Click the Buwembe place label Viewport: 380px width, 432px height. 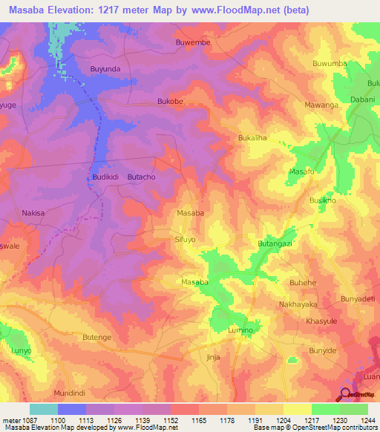point(193,42)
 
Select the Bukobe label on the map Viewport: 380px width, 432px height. point(170,101)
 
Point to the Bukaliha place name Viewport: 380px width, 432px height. point(252,139)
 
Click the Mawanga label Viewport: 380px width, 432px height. point(321,105)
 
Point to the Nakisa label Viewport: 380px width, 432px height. point(33,213)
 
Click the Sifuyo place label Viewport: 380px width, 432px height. point(184,240)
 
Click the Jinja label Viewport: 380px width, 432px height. point(213,357)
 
